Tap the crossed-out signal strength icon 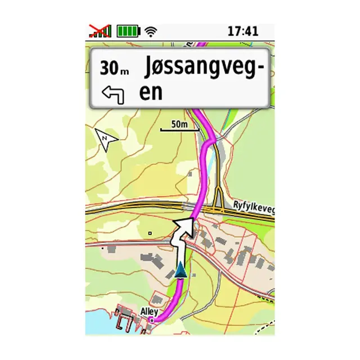(x=100, y=31)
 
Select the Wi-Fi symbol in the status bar (x=150, y=31)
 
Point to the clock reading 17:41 (x=242, y=31)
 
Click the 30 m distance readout (x=114, y=68)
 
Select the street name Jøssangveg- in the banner (x=204, y=68)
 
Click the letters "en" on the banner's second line (x=150, y=92)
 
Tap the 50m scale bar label (x=179, y=124)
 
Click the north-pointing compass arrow (x=106, y=138)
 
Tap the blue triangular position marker (x=180, y=270)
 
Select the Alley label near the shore (x=149, y=312)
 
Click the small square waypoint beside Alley (x=151, y=320)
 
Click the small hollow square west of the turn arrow (x=150, y=232)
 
